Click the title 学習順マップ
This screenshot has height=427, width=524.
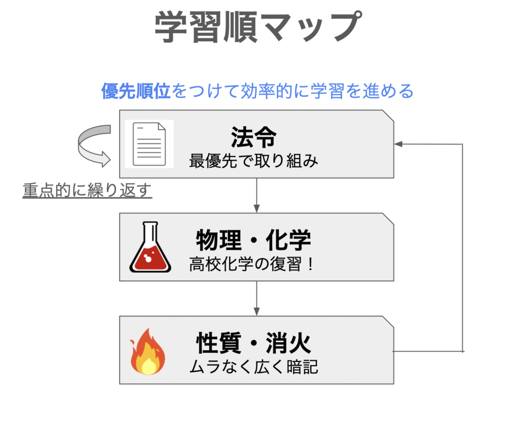(258, 27)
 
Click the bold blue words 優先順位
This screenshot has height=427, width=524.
(136, 91)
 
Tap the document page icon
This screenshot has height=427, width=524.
(149, 144)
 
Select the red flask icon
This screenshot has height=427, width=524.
(150, 246)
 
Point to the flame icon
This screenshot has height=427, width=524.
(147, 351)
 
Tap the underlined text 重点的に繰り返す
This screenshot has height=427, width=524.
(87, 190)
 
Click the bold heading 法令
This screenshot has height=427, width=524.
(254, 137)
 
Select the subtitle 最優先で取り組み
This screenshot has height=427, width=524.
(254, 161)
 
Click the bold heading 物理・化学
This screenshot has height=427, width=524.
(254, 240)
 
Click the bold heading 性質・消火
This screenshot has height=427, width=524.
(254, 343)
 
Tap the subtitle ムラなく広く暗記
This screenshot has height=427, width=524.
(254, 367)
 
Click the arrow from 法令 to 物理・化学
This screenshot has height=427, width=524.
(257, 195)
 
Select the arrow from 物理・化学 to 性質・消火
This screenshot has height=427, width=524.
(257, 299)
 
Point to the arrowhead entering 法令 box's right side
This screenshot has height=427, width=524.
(398, 144)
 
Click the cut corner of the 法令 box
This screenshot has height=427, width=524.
(388, 116)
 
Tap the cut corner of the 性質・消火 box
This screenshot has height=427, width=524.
(388, 322)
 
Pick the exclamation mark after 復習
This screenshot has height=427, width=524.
(311, 264)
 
